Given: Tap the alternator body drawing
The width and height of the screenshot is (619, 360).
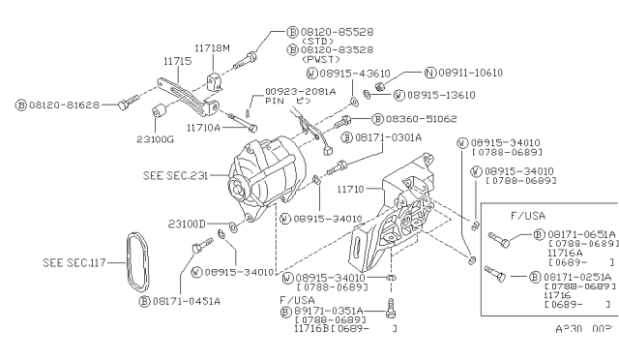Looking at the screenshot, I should point(271,179).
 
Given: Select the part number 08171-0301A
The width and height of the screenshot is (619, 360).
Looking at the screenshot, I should point(395,138).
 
